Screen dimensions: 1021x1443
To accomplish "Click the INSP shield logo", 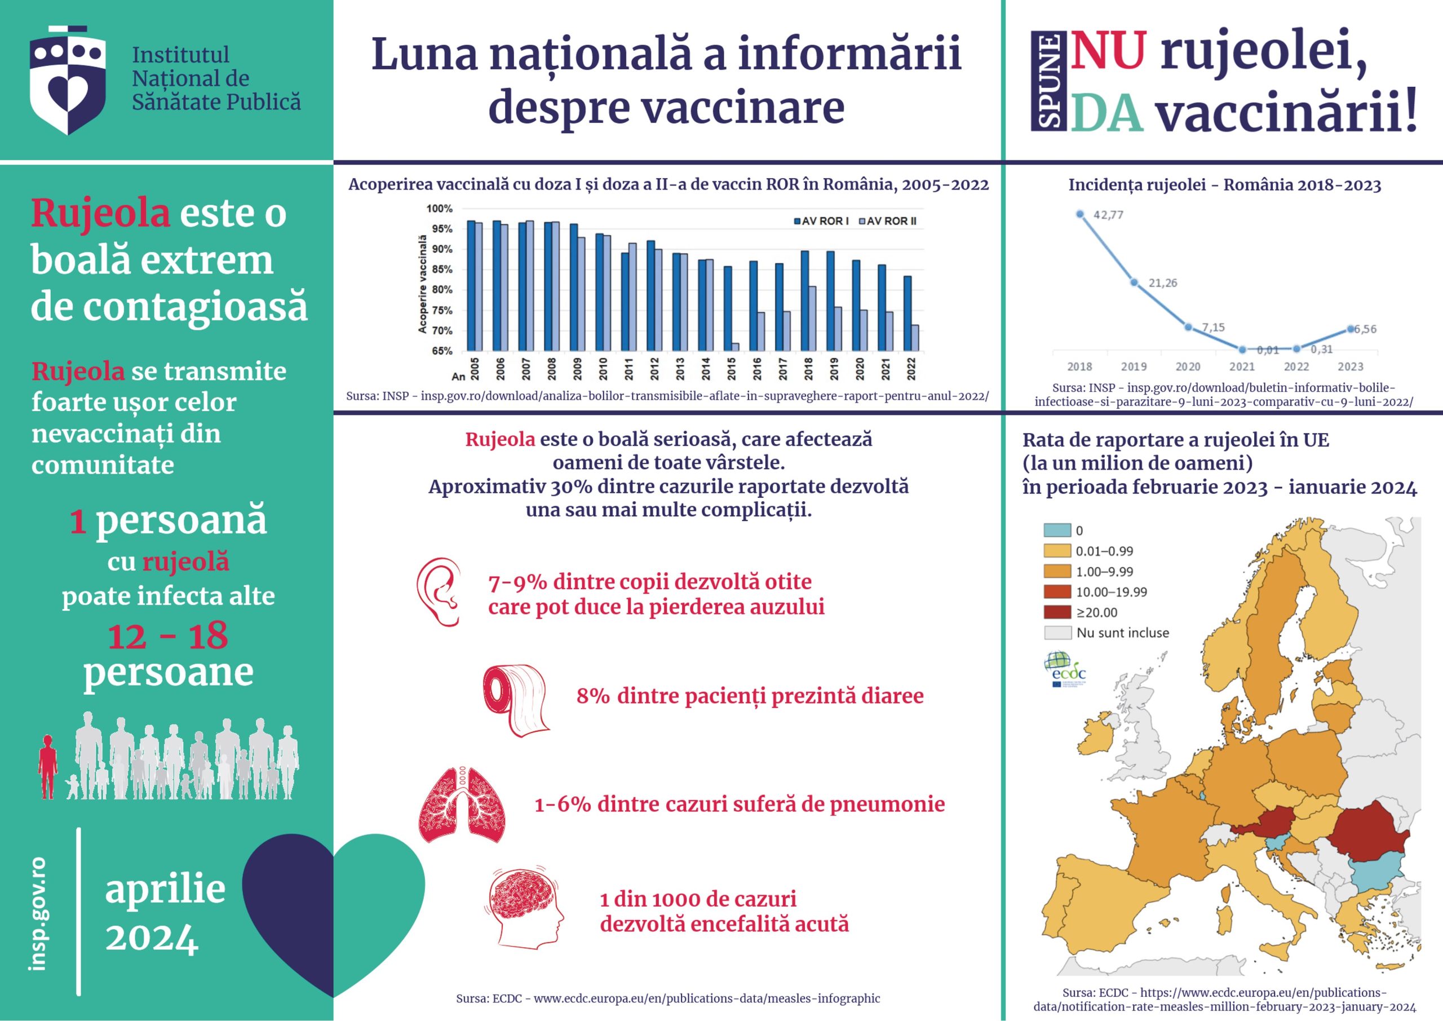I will click(x=68, y=80).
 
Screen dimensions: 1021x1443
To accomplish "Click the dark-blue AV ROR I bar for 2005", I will click(x=471, y=285).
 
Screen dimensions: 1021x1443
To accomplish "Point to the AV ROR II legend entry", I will click(x=887, y=222).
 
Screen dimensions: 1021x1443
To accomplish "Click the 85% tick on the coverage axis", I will click(x=441, y=269).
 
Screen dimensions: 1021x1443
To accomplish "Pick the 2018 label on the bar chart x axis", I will click(x=808, y=369).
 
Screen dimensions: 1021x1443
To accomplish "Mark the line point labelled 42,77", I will click(x=1081, y=214).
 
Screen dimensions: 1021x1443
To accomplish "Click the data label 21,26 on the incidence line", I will click(x=1163, y=283).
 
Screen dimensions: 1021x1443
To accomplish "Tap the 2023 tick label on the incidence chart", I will click(x=1350, y=366).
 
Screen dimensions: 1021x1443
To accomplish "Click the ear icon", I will click(x=438, y=591).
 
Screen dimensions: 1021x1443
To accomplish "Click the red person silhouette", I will click(x=48, y=766).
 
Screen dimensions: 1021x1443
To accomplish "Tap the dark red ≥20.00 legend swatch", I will click(x=1057, y=612).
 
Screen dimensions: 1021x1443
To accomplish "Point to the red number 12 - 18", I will click(x=168, y=637).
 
